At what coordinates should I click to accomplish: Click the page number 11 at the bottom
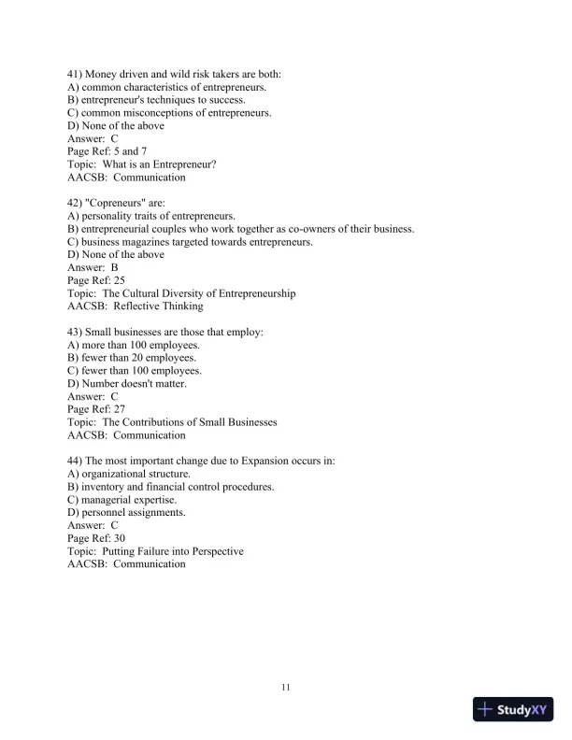pos(286,689)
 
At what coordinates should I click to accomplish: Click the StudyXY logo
pos(513,710)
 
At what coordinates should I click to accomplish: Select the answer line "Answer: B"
pos(93,267)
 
